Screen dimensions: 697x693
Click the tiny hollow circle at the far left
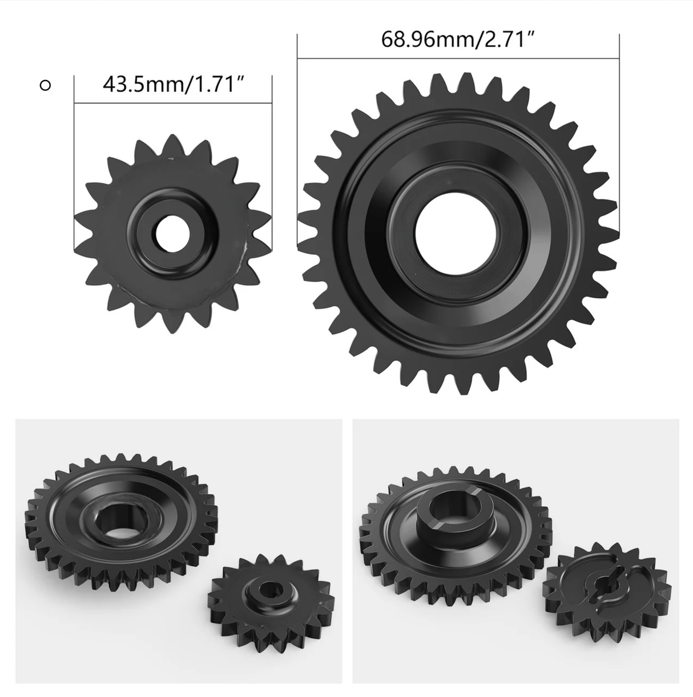(x=45, y=86)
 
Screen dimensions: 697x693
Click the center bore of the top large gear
(x=457, y=233)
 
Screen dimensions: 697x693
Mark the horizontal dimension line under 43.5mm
(x=172, y=103)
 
